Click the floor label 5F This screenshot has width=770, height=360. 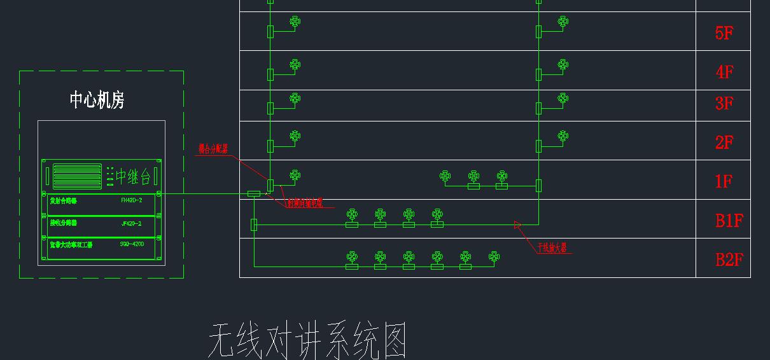pos(724,32)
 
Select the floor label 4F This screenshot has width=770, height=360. pos(724,71)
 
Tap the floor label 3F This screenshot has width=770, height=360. pos(724,103)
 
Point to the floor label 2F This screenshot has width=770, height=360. pos(724,142)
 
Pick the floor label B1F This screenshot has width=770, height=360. pos(729,221)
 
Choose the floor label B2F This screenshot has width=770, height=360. pos(729,260)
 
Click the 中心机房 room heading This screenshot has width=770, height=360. pos(97,100)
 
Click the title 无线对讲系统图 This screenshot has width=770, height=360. pos(307,340)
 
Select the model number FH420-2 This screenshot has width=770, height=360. pos(131,200)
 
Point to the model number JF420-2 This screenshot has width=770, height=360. pos(131,223)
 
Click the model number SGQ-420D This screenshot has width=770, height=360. pos(132,244)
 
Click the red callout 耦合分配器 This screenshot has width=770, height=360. pos(213,149)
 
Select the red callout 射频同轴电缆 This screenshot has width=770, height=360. pos(304,204)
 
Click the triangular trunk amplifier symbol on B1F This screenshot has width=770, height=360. pos(517,224)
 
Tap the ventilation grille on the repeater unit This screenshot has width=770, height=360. pos(77,176)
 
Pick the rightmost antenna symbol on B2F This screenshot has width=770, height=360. pos(494,256)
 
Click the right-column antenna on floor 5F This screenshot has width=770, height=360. pos(563,22)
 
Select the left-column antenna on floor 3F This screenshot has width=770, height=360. pos(295,98)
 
